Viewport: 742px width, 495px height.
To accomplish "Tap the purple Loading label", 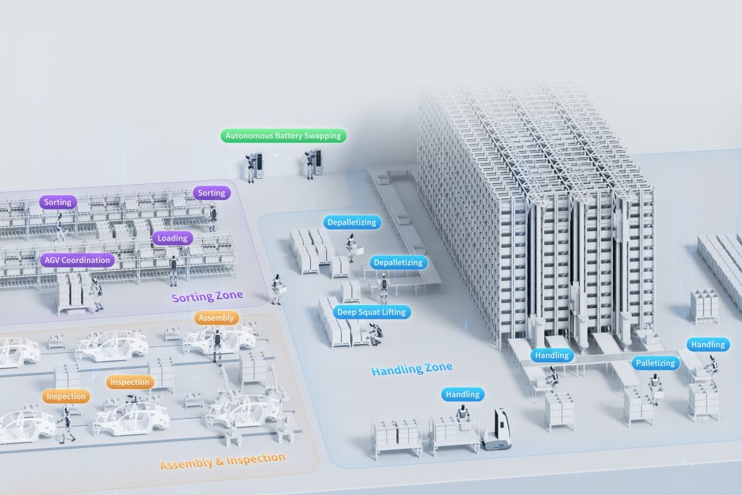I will point(172,238).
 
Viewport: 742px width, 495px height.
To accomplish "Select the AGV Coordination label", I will point(76,260).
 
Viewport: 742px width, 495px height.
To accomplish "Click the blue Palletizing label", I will point(654,362).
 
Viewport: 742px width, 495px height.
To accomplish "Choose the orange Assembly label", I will point(216,317).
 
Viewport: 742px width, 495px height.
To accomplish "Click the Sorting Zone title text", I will point(207,296).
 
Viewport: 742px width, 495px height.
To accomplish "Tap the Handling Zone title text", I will point(412,369).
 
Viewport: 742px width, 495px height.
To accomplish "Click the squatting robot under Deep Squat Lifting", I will point(375,333).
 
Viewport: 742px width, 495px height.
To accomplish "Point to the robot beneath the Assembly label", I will point(216,344).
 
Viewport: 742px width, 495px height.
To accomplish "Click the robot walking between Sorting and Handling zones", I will point(276,288).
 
